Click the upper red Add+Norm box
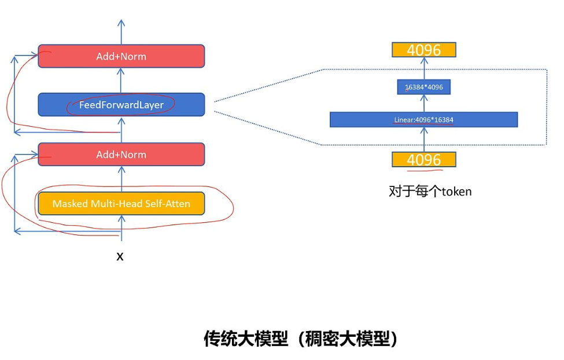point(121,56)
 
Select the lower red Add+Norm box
point(121,155)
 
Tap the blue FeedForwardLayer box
point(121,105)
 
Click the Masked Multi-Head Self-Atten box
point(121,204)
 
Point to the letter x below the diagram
point(120,256)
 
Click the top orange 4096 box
point(423,50)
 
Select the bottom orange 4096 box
point(423,160)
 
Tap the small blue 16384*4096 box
point(423,87)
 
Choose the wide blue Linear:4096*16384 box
point(423,120)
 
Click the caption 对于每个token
point(430,191)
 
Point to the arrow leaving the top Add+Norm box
point(121,32)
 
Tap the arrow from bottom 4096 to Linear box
point(423,139)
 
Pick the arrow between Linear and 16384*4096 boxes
point(423,104)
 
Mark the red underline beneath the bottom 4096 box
point(424,170)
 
